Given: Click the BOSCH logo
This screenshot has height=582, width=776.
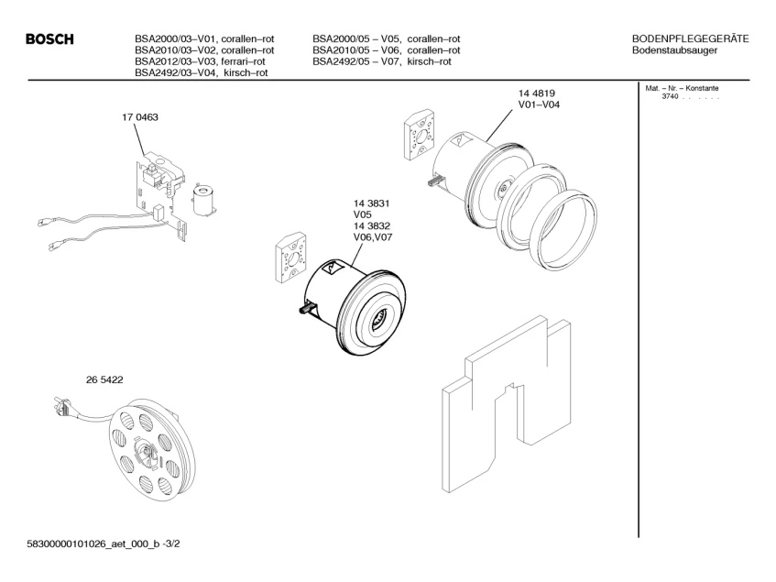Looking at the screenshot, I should (x=49, y=39).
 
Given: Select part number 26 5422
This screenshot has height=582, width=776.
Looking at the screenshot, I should (x=79, y=379).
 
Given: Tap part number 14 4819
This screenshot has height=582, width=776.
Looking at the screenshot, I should (x=538, y=93).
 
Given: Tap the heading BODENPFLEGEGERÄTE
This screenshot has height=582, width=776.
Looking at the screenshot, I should (x=691, y=38).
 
